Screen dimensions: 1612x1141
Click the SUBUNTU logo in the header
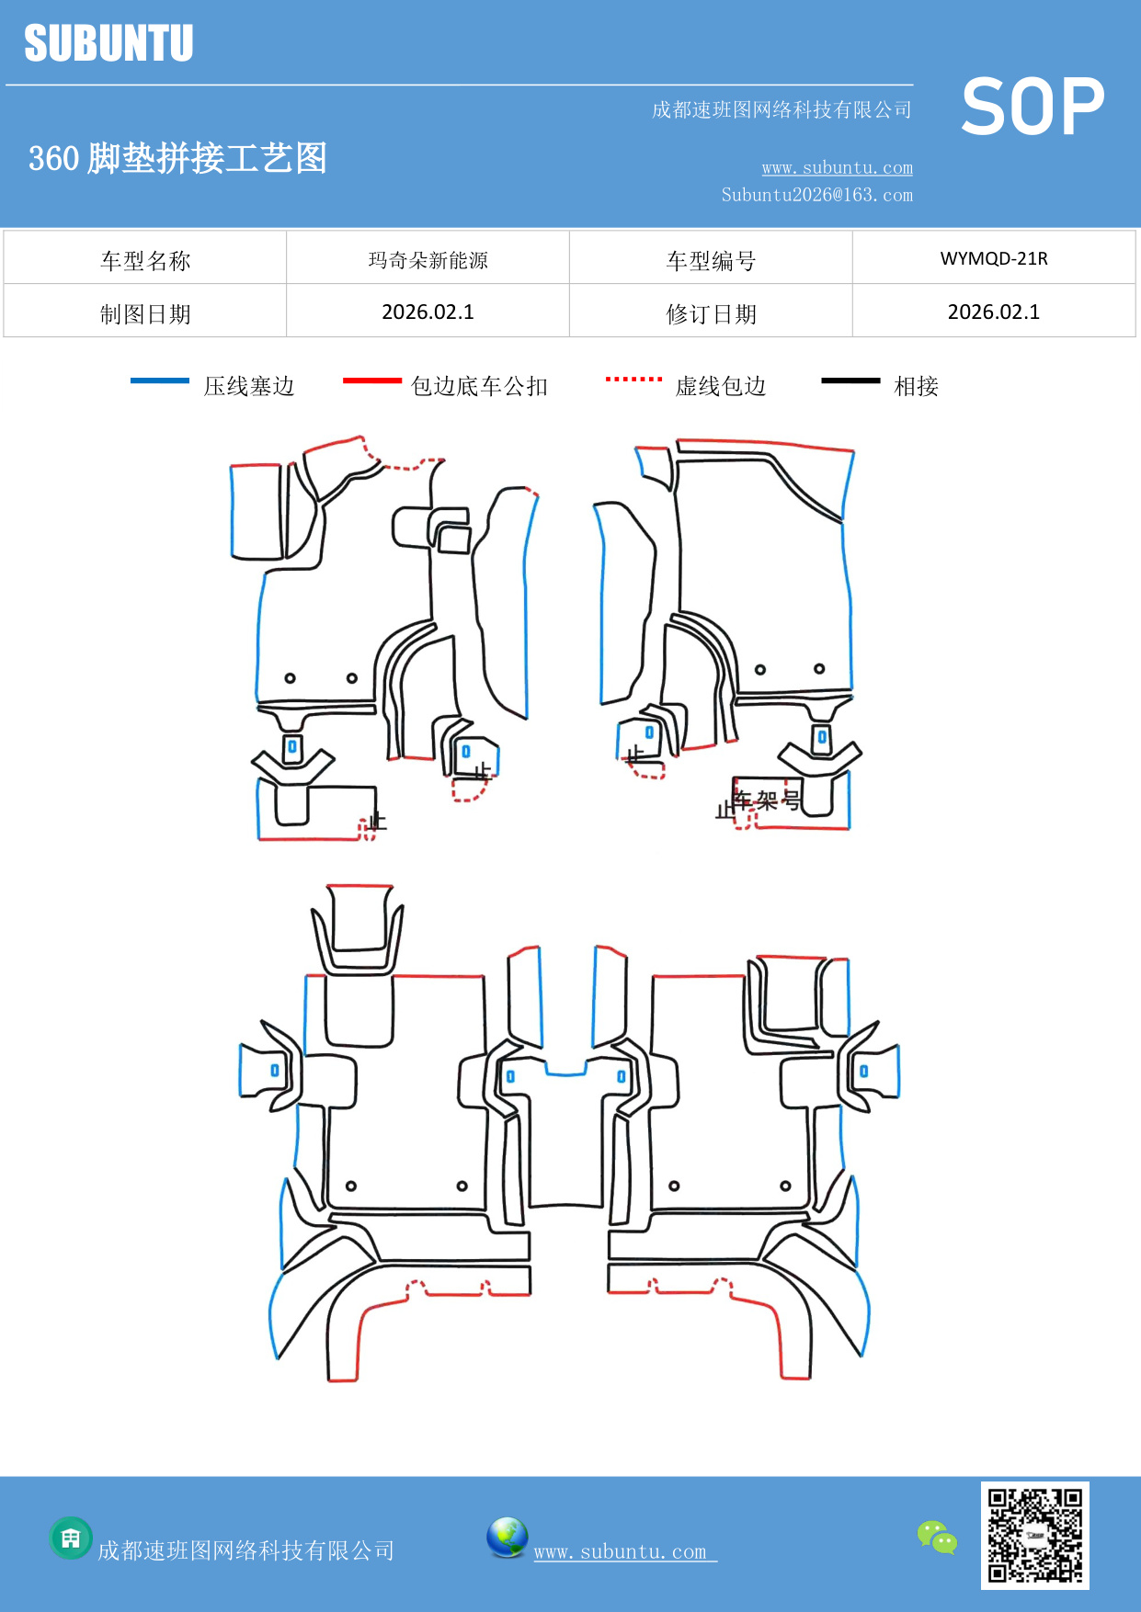pyautogui.click(x=108, y=43)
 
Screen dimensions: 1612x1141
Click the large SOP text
pyautogui.click(x=1033, y=107)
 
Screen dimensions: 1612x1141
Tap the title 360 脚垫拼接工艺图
pyautogui.click(x=177, y=158)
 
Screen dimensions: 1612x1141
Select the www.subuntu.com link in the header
pyautogui.click(x=837, y=167)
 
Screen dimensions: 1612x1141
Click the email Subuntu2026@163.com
pyautogui.click(x=816, y=195)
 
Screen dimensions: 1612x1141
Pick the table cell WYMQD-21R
pyautogui.click(x=993, y=258)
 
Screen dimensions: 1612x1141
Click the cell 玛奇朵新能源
pyautogui.click(x=428, y=260)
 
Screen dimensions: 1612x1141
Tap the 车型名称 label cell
pyautogui.click(x=145, y=261)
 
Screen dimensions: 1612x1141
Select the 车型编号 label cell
pyautogui.click(x=711, y=261)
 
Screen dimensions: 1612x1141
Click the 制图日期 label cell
pyautogui.click(x=145, y=314)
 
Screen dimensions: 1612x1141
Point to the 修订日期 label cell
pyautogui.click(x=711, y=314)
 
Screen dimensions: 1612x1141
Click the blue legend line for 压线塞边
pyautogui.click(x=160, y=380)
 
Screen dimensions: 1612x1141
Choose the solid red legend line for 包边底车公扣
pyautogui.click(x=371, y=380)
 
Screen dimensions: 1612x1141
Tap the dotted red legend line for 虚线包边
pyautogui.click(x=633, y=379)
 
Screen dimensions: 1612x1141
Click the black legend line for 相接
pyautogui.click(x=850, y=380)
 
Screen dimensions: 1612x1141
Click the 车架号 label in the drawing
pyautogui.click(x=766, y=800)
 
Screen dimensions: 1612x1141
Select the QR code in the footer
pyautogui.click(x=1034, y=1535)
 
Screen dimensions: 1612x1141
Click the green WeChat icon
pyautogui.click(x=937, y=1537)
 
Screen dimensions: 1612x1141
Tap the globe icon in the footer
pyautogui.click(x=507, y=1538)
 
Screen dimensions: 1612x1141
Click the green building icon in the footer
pyautogui.click(x=71, y=1538)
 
